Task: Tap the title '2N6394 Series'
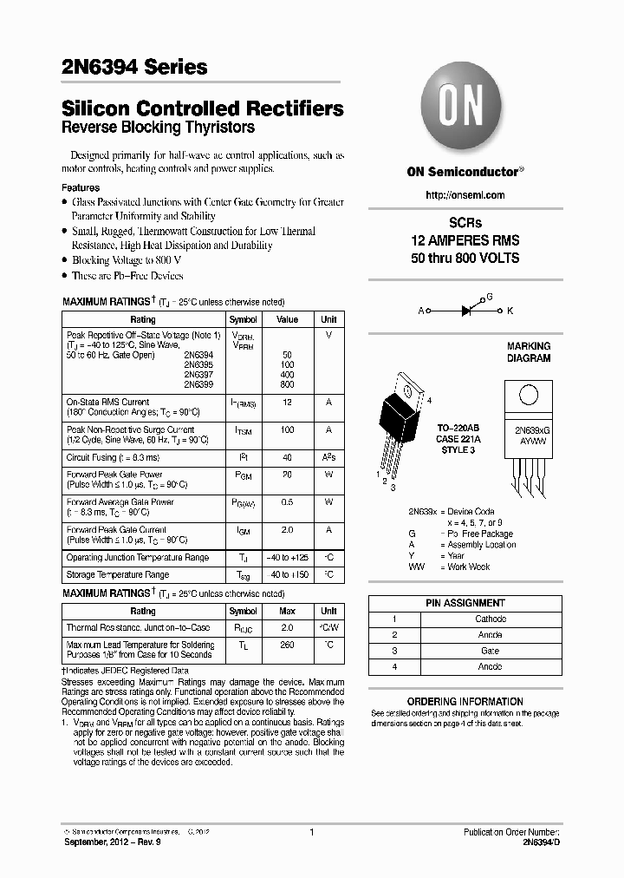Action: point(134,67)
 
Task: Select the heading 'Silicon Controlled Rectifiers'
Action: point(203,109)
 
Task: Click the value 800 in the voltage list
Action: point(287,384)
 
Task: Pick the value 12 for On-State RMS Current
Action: point(287,403)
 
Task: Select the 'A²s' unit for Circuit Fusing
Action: point(328,457)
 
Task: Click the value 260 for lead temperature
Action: point(287,645)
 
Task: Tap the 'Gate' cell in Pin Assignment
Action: point(490,651)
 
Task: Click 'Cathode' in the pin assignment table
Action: point(490,619)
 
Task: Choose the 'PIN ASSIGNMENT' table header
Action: point(465,603)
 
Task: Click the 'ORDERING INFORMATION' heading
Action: point(465,702)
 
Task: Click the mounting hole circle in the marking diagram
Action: point(528,395)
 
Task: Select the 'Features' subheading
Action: point(81,187)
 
